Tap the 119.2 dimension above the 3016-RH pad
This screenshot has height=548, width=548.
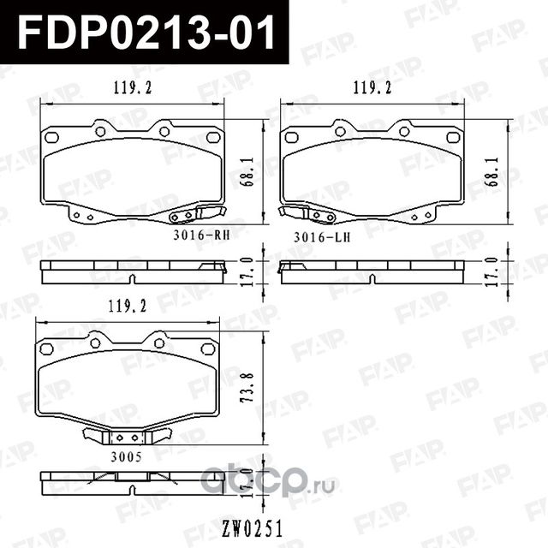coord(128,87)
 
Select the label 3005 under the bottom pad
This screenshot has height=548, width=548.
coord(126,457)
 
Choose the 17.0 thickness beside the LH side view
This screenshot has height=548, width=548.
coord(491,271)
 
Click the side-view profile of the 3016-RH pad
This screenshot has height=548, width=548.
coord(133,271)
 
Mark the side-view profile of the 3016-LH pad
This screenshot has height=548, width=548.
coord(372,271)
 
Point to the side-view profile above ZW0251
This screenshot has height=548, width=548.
coord(128,483)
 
